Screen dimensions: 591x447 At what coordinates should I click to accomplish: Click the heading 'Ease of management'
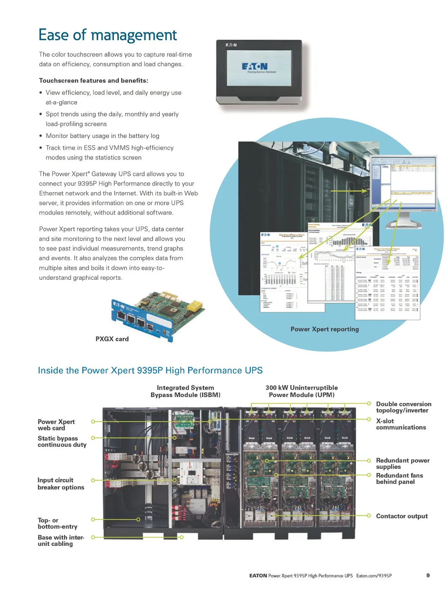(x=108, y=35)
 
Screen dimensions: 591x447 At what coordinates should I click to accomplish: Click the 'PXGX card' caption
(x=112, y=339)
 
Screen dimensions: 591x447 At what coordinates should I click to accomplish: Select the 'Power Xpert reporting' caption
(x=324, y=329)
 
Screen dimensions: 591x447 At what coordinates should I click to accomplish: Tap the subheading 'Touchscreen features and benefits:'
(x=94, y=81)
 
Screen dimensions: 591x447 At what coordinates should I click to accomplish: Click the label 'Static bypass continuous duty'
(x=62, y=441)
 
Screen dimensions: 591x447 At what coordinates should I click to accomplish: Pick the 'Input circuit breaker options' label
(x=61, y=484)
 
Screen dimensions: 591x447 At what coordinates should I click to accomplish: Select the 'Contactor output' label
(x=401, y=516)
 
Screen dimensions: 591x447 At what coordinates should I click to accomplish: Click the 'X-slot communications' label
(x=401, y=424)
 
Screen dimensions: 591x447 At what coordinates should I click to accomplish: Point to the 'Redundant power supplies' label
(x=402, y=463)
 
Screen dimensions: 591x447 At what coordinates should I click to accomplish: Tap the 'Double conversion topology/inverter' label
(x=403, y=407)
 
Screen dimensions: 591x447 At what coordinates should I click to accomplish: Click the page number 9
(x=428, y=575)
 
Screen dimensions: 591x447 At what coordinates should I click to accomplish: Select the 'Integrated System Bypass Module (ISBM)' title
(x=186, y=391)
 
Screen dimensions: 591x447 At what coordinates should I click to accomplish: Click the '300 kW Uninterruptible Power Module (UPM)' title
(x=302, y=391)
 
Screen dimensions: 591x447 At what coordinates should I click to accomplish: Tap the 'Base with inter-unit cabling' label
(x=61, y=540)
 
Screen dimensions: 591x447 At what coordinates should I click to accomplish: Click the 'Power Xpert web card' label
(x=56, y=425)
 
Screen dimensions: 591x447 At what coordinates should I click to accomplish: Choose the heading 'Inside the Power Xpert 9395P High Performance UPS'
(x=150, y=371)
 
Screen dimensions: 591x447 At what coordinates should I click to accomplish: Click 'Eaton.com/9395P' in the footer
(x=374, y=576)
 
